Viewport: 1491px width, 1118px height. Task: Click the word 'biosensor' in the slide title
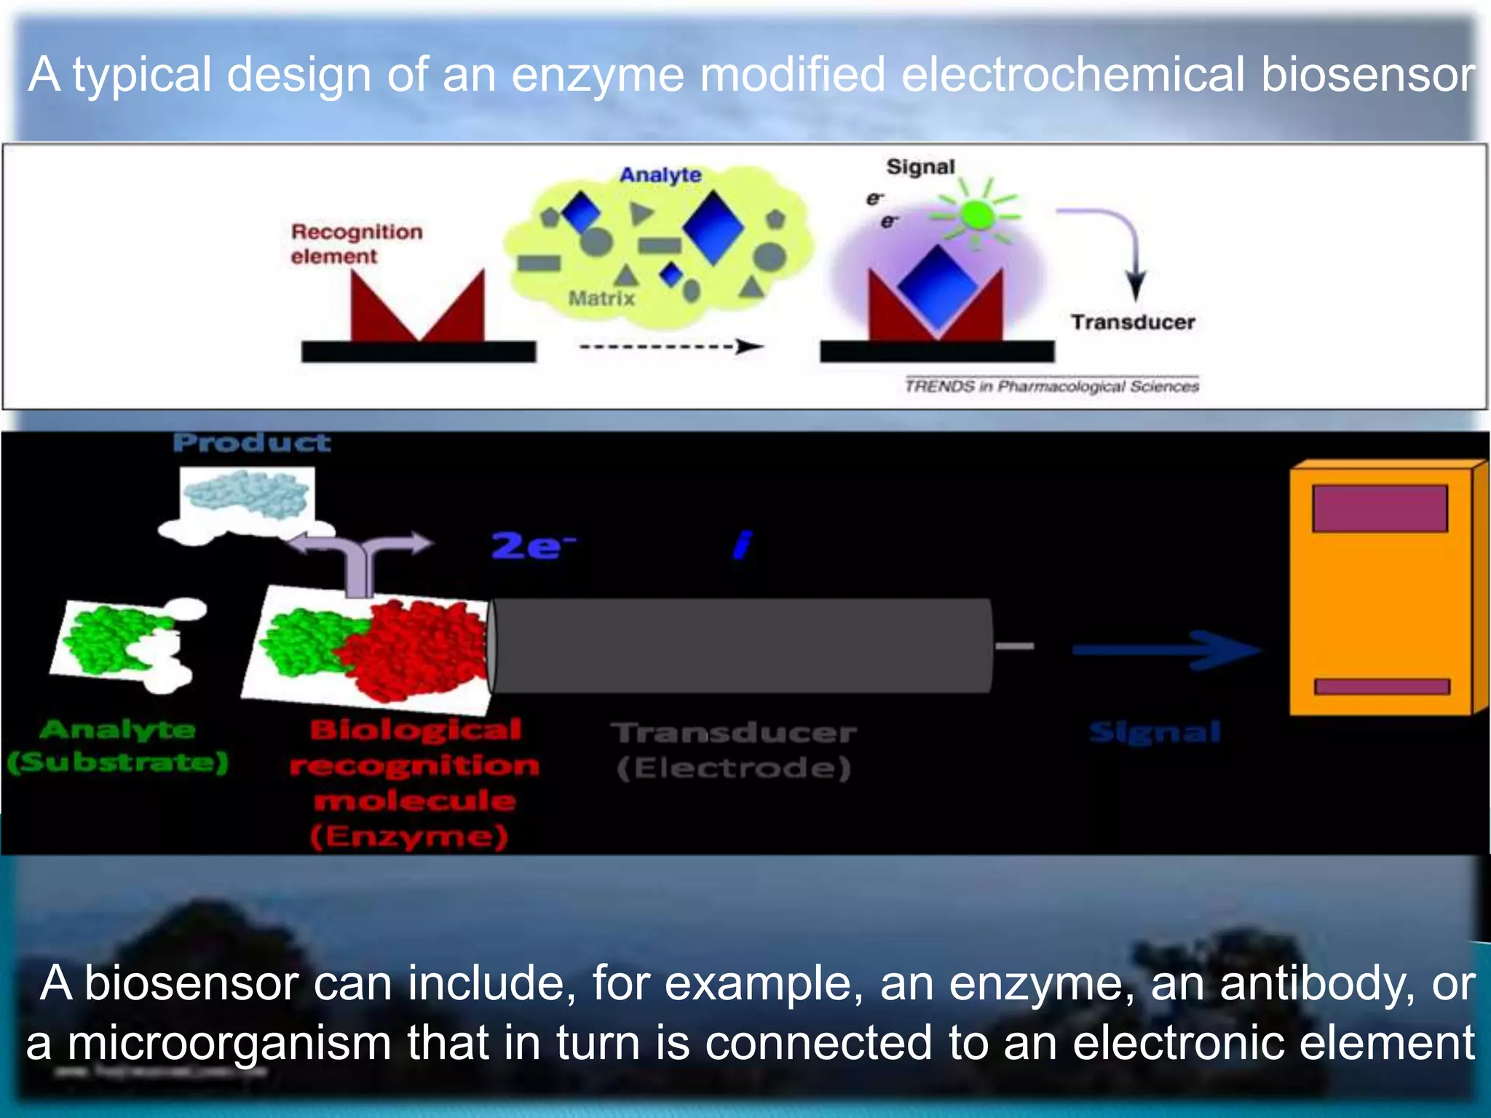(x=1367, y=75)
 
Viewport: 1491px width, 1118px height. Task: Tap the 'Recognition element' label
(x=356, y=244)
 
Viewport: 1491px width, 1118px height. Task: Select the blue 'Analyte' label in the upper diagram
(x=660, y=175)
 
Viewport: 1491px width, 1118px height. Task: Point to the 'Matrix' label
(x=601, y=298)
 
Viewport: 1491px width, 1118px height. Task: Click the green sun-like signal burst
(x=976, y=215)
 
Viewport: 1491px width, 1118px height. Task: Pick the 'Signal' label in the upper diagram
(x=920, y=167)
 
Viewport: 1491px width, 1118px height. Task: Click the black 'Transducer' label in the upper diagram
(x=1133, y=322)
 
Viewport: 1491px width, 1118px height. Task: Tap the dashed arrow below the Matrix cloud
(x=671, y=346)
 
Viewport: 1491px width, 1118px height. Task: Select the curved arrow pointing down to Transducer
(x=1114, y=240)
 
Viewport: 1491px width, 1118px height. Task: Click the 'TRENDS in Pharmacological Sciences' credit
(x=1051, y=386)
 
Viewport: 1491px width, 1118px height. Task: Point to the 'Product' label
(x=252, y=443)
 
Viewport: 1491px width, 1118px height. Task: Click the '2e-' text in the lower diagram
(x=532, y=546)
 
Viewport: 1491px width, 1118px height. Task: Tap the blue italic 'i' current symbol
(x=742, y=544)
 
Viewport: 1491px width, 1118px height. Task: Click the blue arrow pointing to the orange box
(x=1165, y=649)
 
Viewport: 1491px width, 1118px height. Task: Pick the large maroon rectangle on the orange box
(x=1380, y=509)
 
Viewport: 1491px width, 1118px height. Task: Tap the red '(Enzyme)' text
(x=409, y=837)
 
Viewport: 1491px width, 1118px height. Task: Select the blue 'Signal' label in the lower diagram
(x=1155, y=732)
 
